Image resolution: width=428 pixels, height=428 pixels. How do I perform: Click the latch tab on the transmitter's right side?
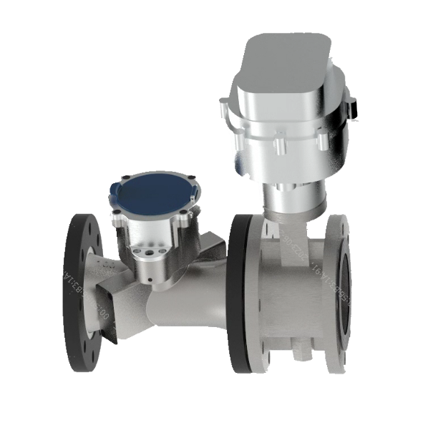pyautogui.click(x=352, y=107)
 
